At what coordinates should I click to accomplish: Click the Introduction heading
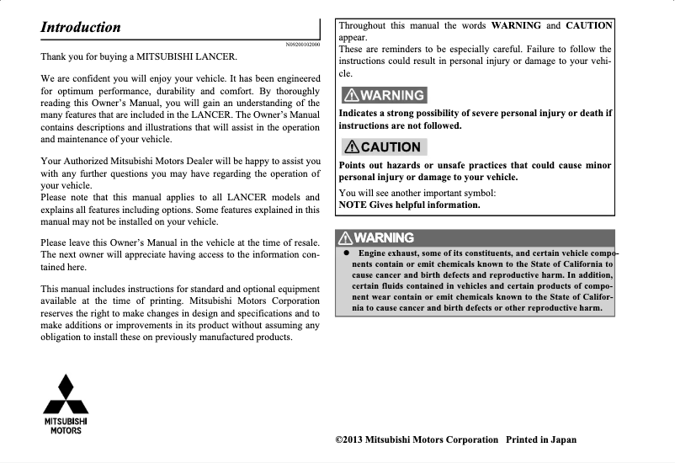point(81,27)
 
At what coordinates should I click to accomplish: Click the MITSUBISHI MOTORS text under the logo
point(66,426)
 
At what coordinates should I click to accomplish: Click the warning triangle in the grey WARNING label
point(350,95)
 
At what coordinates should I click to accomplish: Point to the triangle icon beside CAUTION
point(350,146)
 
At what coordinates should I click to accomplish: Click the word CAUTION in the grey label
point(391,146)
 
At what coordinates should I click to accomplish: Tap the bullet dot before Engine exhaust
point(346,253)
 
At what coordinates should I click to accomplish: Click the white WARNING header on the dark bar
point(383,238)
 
